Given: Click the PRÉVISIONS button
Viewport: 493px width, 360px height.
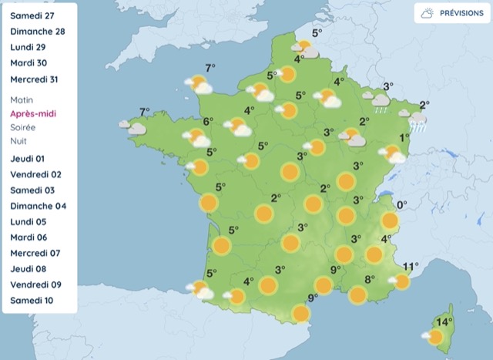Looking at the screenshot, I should click(x=449, y=13).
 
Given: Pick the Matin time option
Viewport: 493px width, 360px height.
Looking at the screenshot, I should click(x=23, y=100).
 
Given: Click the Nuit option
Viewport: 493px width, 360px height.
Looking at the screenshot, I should click(x=19, y=142).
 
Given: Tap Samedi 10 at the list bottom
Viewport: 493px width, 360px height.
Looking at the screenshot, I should click(x=32, y=300).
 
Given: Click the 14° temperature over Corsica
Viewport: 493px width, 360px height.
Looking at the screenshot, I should click(x=443, y=321).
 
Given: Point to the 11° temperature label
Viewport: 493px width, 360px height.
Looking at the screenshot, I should click(x=411, y=266).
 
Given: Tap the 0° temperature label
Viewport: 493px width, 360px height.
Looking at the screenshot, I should click(x=401, y=205).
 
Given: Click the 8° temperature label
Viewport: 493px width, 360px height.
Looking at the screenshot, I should click(x=369, y=279).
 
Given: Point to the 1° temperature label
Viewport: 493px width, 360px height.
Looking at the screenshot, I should click(x=404, y=138).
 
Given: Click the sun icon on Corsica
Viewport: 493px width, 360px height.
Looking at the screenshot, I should click(x=434, y=337).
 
